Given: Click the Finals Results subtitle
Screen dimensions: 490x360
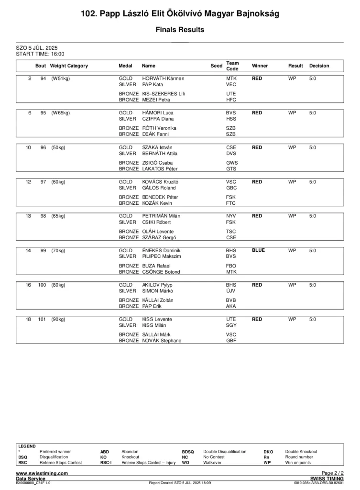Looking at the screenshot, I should pos(180,30).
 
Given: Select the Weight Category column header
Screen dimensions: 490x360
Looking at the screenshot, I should pos(69,66).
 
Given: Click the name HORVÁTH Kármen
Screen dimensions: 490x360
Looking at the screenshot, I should pos(163,78).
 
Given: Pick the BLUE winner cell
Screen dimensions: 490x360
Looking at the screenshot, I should pos(258,250).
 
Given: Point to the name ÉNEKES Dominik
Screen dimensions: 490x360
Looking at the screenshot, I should pos(161,250).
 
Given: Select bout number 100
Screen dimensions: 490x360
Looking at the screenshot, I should pos(42,285).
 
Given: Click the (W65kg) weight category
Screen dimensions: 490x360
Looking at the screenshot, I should pos(60,113).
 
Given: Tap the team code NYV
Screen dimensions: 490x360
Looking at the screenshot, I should pos(231,216).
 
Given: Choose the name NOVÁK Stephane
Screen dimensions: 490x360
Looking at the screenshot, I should pos(162,341).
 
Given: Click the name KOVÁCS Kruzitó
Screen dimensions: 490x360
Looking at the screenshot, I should pos(160,182).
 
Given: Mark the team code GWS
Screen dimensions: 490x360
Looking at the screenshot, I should pos(232,163).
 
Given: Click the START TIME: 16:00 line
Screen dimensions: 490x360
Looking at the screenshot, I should pos(40,54).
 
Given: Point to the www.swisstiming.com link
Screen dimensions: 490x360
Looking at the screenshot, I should pos(42,473).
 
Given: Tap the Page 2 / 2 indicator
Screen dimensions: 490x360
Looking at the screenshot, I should pos(332,473).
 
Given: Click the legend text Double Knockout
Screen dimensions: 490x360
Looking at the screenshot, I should pos(301,451).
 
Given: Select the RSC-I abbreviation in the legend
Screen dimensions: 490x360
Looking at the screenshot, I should pos(106,463).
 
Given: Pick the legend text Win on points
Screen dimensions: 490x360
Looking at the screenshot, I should pos(298,463).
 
